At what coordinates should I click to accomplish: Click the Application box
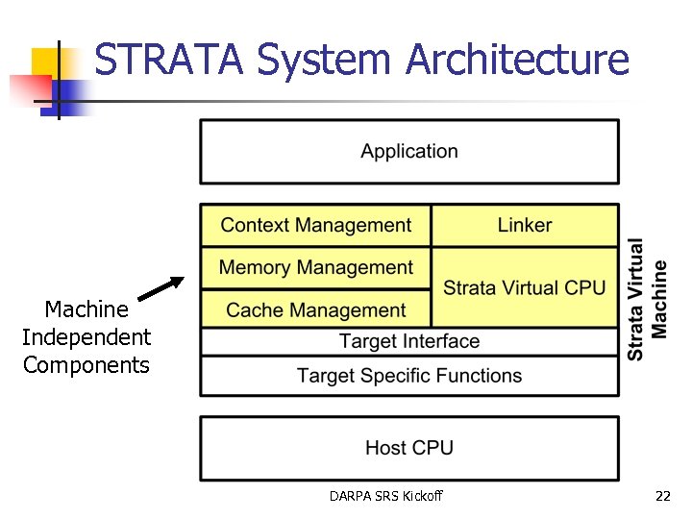(x=408, y=152)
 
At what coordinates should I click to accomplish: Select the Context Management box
(x=315, y=226)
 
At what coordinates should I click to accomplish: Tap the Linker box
(x=524, y=226)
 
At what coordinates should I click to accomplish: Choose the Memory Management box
(x=315, y=268)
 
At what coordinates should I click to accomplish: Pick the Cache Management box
(x=315, y=310)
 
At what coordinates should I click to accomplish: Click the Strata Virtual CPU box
(x=524, y=287)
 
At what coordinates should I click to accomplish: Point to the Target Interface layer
(x=408, y=342)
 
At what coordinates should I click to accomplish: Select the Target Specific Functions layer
(x=408, y=376)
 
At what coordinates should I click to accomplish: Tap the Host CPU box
(x=408, y=448)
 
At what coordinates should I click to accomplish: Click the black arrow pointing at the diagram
(x=161, y=289)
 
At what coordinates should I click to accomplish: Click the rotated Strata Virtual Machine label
(x=647, y=299)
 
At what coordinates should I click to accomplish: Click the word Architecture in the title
(x=516, y=60)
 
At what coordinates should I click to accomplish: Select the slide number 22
(x=662, y=497)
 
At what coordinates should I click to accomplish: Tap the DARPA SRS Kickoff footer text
(x=385, y=497)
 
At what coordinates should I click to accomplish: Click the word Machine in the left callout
(x=86, y=309)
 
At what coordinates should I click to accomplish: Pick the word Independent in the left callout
(x=86, y=337)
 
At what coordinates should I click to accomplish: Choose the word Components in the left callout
(x=86, y=365)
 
